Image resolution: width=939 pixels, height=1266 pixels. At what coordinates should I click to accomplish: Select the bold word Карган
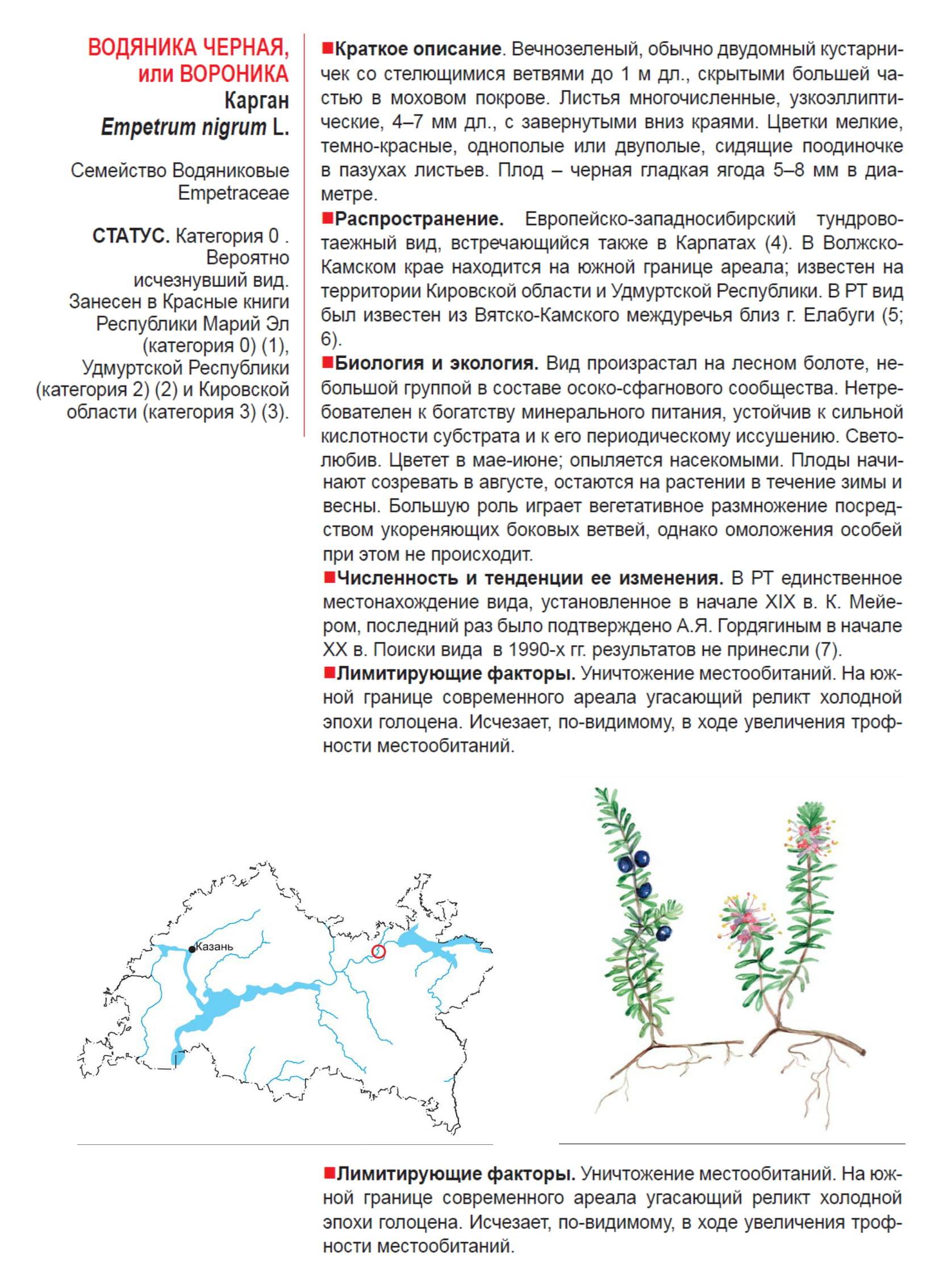pyautogui.click(x=256, y=101)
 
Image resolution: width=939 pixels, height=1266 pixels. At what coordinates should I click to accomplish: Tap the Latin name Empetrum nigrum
pyautogui.click(x=183, y=127)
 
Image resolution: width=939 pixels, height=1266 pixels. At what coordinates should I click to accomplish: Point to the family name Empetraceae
pyautogui.click(x=233, y=193)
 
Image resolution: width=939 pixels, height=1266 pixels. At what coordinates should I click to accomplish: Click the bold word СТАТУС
pyautogui.click(x=131, y=236)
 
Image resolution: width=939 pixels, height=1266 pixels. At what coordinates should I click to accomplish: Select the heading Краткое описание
pyautogui.click(x=418, y=49)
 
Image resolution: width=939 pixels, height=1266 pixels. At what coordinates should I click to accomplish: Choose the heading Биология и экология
pyautogui.click(x=436, y=363)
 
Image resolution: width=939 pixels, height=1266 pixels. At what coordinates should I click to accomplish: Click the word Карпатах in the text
pyautogui.click(x=715, y=243)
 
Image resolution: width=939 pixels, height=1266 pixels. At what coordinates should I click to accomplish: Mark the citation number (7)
pyautogui.click(x=828, y=650)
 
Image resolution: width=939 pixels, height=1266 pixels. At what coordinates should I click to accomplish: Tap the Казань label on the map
pyautogui.click(x=214, y=947)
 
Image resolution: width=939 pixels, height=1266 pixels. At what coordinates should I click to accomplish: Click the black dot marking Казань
pyautogui.click(x=192, y=949)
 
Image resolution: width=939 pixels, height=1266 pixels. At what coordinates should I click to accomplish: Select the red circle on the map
pyautogui.click(x=378, y=951)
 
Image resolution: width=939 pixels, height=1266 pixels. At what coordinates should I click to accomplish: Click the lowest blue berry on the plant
pyautogui.click(x=663, y=933)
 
